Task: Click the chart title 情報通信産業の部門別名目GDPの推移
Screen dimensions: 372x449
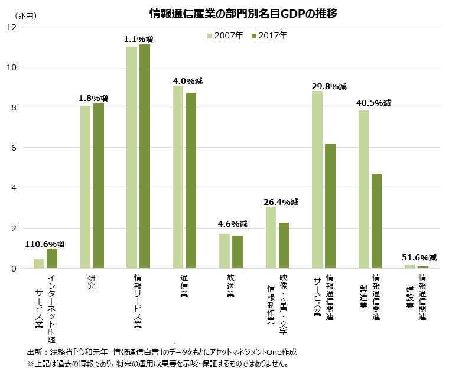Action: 243,14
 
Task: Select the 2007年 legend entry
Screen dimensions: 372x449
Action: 224,35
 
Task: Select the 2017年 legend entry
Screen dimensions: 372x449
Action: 269,35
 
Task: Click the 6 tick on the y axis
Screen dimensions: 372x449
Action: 14,148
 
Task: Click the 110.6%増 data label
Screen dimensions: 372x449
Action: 45,244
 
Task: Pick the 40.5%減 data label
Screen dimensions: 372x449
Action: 373,103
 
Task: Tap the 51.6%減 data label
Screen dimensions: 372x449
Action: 419,257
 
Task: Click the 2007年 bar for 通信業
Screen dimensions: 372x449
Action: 178,177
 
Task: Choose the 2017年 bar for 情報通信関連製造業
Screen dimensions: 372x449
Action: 376,221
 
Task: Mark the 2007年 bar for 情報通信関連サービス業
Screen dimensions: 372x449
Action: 317,180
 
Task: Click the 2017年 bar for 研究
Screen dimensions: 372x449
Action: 99,186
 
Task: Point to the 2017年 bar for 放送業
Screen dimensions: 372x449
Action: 237,252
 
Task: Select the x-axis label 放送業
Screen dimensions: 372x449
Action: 230,285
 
